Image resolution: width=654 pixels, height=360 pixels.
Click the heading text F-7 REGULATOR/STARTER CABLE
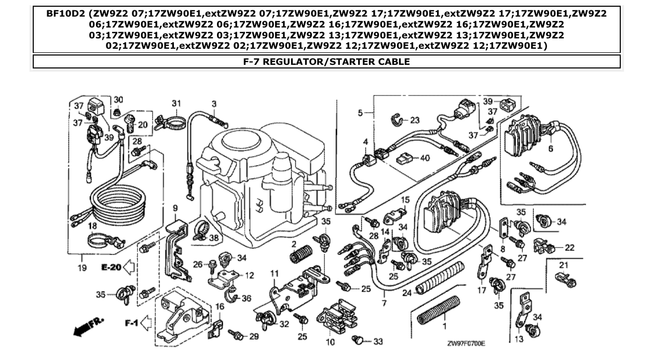pos(326,62)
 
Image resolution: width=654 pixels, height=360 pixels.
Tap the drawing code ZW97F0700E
pos(469,343)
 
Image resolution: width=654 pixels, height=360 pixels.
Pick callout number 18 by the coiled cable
pos(92,226)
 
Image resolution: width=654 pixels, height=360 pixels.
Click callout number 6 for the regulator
pos(550,148)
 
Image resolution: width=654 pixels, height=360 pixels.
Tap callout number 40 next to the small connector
pos(425,159)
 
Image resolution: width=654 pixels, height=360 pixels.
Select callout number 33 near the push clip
pos(378,341)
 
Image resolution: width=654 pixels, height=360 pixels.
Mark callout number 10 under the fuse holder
pos(330,342)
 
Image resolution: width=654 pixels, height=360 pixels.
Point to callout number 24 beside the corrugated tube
pos(407,293)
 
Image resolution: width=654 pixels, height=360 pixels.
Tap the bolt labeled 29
pos(237,335)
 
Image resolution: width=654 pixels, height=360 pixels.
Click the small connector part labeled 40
pos(405,159)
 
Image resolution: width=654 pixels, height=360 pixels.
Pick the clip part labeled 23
pos(397,121)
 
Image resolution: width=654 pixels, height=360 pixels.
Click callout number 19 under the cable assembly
pos(83,268)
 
